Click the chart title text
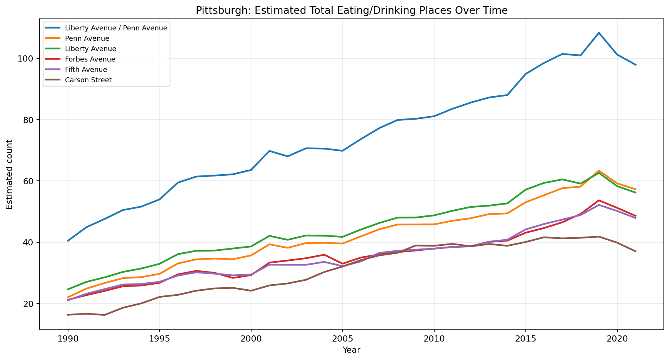point(352,10)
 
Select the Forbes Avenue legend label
point(90,59)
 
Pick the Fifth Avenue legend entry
point(86,70)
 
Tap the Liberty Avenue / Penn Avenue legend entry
point(116,28)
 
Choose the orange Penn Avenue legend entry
point(87,38)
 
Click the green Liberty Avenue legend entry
point(90,49)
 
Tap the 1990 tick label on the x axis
point(68,339)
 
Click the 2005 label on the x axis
point(342,339)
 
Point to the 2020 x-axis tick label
point(617,339)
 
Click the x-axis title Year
point(352,350)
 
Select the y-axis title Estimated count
point(10,174)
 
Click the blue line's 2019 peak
point(599,33)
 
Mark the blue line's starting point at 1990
point(68,241)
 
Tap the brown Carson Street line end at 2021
point(635,251)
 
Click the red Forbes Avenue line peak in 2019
point(599,200)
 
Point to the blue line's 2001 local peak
point(269,151)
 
